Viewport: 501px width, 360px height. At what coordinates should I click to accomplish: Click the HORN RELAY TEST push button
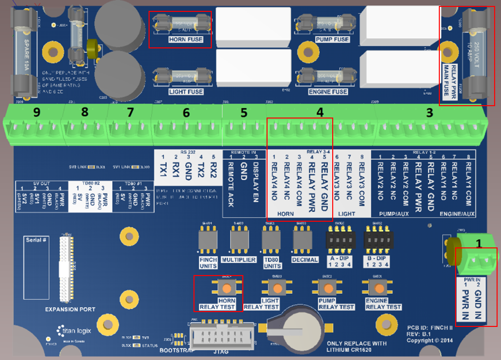coord(227,288)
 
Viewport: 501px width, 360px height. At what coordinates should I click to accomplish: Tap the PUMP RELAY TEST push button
coord(326,288)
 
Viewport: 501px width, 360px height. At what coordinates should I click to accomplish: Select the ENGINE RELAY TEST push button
coord(376,288)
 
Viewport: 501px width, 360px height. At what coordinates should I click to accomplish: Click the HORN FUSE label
coord(185,40)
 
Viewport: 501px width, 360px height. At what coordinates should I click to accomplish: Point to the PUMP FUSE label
coord(332,40)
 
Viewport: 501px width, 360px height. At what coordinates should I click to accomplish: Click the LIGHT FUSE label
coord(185,92)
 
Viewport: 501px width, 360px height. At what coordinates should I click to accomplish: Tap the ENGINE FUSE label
coord(328,92)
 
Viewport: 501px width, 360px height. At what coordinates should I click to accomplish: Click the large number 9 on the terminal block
coord(37,112)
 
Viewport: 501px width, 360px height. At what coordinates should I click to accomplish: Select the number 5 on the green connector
coord(244,113)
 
